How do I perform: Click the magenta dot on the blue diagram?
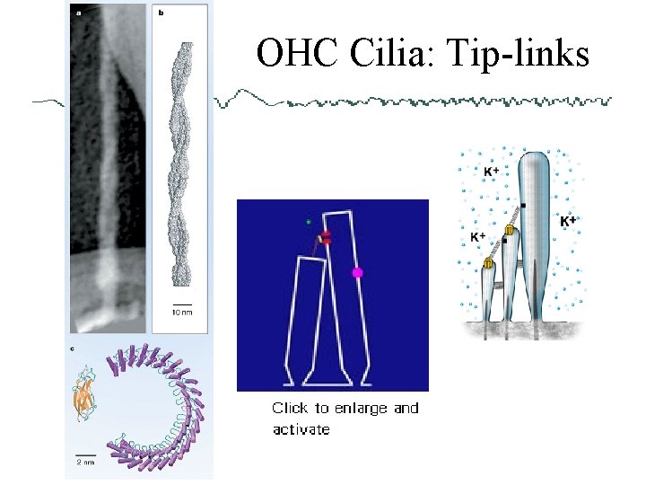pyautogui.click(x=357, y=272)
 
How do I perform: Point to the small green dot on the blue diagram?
pyautogui.click(x=308, y=221)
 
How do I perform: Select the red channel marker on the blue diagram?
pyautogui.click(x=326, y=238)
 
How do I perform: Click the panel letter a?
pyautogui.click(x=77, y=13)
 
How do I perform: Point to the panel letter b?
pyautogui.click(x=160, y=13)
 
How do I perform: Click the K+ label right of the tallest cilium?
pyautogui.click(x=567, y=220)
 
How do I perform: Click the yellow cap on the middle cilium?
pyautogui.click(x=509, y=232)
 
